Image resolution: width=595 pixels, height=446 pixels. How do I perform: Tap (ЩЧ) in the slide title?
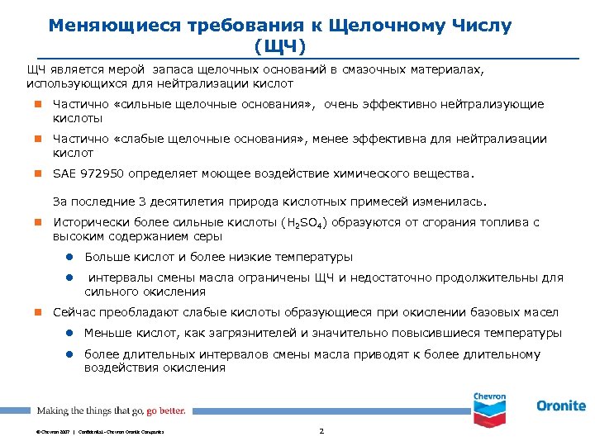coord(281,43)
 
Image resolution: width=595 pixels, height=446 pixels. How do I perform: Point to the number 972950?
coord(102,174)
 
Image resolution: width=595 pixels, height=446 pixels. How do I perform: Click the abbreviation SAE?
coord(63,174)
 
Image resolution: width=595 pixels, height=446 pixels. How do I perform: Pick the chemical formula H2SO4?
coord(306,223)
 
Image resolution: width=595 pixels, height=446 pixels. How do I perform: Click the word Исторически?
coord(86,222)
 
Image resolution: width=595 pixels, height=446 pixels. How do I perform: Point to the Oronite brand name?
coord(560,406)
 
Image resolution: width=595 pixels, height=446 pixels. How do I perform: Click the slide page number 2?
coord(321,431)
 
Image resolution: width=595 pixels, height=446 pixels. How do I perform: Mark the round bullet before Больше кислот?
coord(72,257)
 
